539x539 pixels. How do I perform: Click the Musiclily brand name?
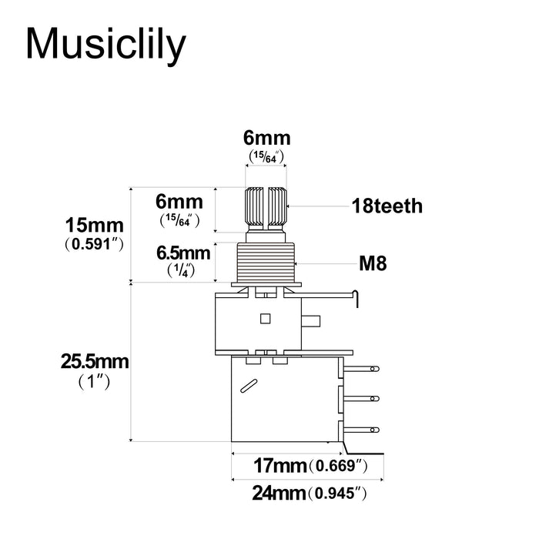105,45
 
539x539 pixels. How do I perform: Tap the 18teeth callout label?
387,206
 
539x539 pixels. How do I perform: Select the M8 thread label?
373,264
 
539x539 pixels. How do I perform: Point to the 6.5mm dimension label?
182,253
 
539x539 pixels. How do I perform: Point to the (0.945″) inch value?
336,494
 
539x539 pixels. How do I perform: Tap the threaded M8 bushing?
266,263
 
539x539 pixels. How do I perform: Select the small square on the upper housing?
266,318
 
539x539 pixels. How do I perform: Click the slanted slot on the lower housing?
249,386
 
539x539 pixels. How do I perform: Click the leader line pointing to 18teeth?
316,206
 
